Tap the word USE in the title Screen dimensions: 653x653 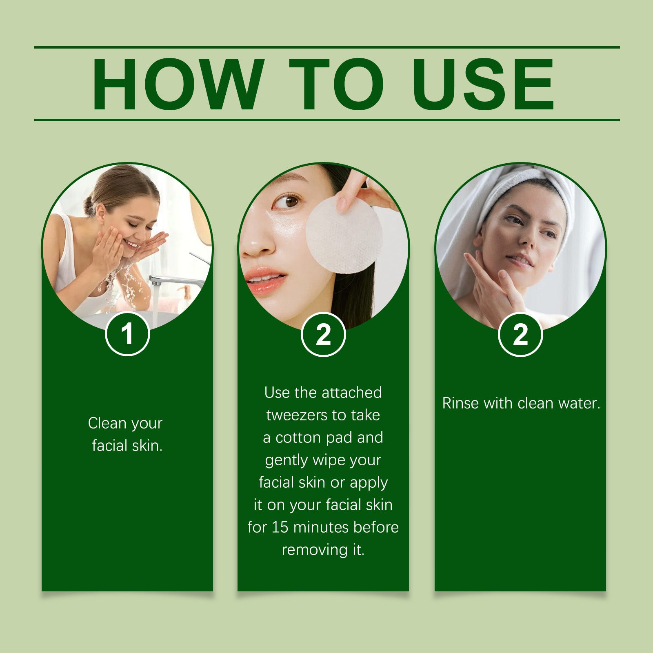[x=483, y=84]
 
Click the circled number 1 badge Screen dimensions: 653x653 [x=128, y=334]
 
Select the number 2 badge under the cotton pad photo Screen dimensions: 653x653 [x=323, y=335]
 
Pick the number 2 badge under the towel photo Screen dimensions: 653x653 [x=520, y=335]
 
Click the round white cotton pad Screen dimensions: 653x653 [x=344, y=236]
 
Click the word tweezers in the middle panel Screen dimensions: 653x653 [x=297, y=415]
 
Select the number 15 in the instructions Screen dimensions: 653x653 [x=280, y=527]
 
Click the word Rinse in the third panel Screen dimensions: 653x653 [x=460, y=403]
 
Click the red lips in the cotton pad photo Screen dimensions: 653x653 [x=265, y=280]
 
